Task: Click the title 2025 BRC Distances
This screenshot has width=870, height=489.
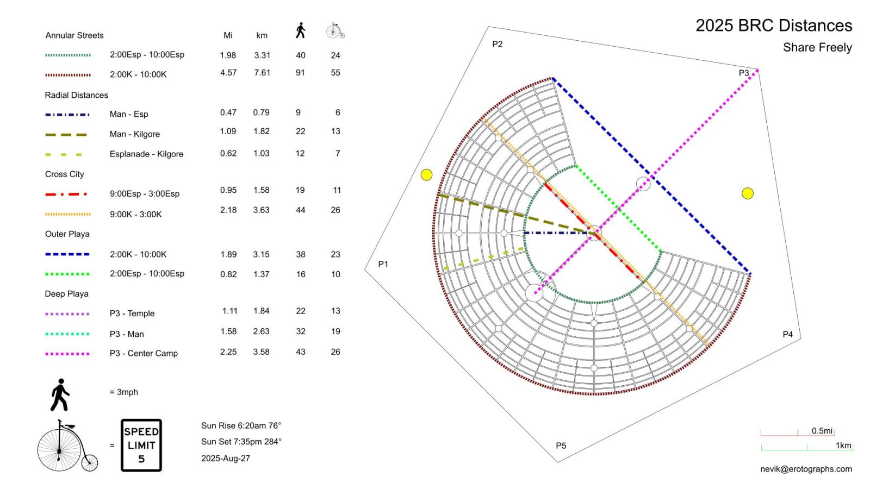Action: [773, 26]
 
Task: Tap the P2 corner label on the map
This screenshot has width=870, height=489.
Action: [497, 44]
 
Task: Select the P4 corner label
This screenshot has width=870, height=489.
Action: [787, 334]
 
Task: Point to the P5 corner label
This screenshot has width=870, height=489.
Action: [561, 446]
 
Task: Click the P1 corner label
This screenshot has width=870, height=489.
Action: [383, 264]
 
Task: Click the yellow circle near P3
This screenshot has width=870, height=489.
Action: [748, 193]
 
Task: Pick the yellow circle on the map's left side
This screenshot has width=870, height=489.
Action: [427, 174]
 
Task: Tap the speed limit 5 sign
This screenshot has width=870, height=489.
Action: [141, 445]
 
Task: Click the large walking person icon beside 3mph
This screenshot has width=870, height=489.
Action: [60, 395]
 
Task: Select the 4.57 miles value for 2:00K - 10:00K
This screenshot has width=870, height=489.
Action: [228, 73]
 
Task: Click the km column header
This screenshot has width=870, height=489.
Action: [262, 36]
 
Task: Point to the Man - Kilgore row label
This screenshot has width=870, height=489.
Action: [135, 134]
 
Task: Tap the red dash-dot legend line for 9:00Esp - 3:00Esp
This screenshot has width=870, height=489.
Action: [66, 194]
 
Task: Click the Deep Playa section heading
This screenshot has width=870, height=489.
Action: [66, 294]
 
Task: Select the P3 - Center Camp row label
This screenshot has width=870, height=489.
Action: [144, 353]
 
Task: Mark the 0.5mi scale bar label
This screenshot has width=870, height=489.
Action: [822, 431]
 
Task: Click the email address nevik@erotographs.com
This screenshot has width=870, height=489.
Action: [806, 469]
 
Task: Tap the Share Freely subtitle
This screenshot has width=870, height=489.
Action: [817, 48]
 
